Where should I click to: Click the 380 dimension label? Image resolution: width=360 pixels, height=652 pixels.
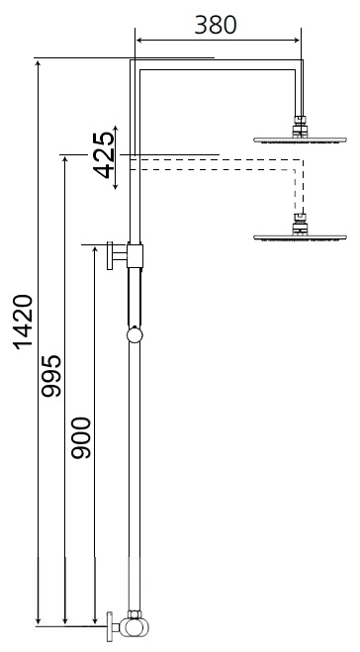coord(215,25)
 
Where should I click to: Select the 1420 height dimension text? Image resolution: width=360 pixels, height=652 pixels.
coord(22,323)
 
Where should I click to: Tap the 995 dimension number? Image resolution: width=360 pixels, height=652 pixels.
coord(52,377)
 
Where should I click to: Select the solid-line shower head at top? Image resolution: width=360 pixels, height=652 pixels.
coord(301,140)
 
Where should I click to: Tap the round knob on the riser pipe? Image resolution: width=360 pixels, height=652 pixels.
coord(135,335)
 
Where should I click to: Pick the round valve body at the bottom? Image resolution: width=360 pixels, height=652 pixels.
coord(132,625)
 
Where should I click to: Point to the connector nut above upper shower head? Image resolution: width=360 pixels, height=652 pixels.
coord(301,126)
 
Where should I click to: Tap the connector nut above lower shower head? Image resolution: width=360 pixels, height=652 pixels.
coord(301,224)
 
